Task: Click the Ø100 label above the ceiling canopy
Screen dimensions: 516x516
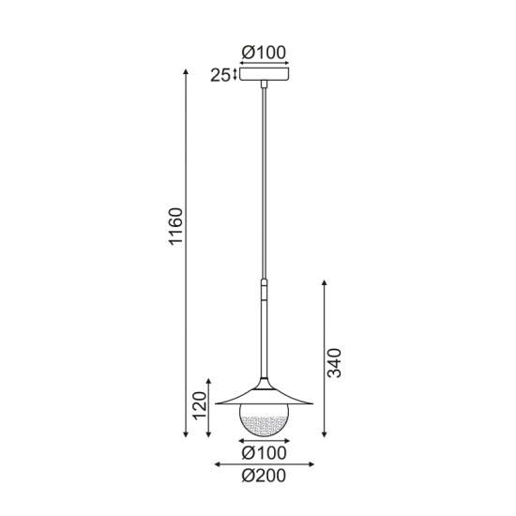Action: pos(264,53)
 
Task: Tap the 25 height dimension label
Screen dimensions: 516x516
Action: pos(220,75)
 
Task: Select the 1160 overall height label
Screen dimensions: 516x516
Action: pos(175,226)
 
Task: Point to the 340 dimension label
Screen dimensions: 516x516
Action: pos(334,362)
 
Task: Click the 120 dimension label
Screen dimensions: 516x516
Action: pos(200,405)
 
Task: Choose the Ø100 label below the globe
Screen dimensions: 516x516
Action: pos(265,453)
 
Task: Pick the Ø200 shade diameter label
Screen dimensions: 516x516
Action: pos(265,476)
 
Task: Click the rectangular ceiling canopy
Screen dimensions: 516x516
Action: pos(265,74)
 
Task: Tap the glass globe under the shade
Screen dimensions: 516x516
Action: pos(265,420)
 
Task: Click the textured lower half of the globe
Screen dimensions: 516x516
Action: pos(265,427)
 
